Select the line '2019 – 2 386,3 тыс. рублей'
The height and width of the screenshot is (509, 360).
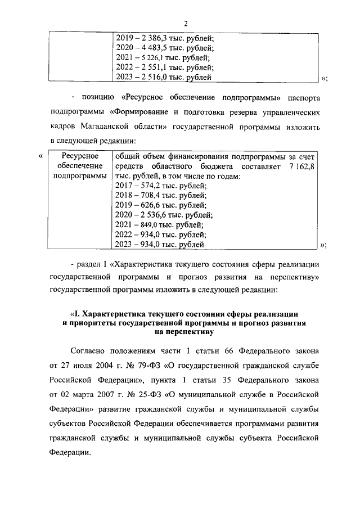[164, 38]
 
